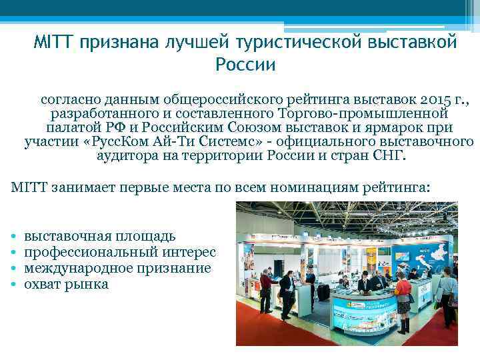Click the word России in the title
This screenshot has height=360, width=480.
click(245, 65)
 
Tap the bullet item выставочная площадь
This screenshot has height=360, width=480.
click(100, 236)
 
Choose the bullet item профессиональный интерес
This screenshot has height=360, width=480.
click(120, 252)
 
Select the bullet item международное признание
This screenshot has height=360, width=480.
click(117, 268)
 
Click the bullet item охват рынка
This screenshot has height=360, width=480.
click(66, 284)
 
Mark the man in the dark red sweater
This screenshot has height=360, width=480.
click(265, 291)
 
